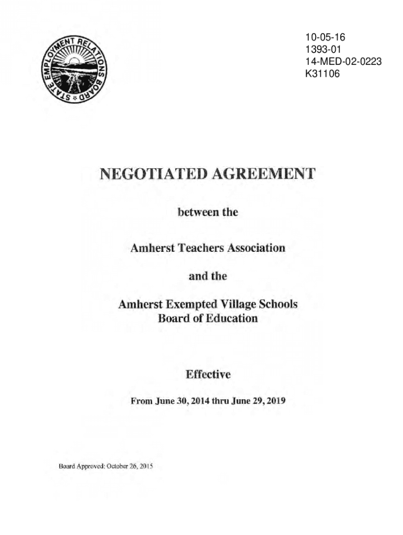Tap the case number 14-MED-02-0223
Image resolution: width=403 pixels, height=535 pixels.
click(x=343, y=62)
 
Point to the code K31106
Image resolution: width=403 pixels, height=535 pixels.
click(x=323, y=74)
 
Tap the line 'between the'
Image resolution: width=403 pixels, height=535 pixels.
click(x=208, y=213)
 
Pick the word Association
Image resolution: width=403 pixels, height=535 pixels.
click(x=253, y=248)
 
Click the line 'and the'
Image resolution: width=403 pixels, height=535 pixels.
click(x=208, y=276)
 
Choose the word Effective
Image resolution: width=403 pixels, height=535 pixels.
click(x=208, y=375)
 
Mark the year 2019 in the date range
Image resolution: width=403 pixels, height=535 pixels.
click(x=276, y=402)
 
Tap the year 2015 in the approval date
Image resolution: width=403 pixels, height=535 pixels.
click(x=144, y=466)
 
